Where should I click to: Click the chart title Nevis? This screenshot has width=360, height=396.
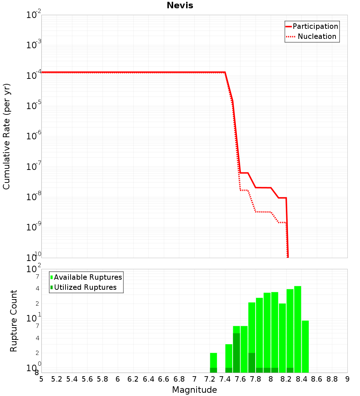(x=180, y=6)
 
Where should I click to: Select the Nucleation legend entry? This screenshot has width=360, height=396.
(x=317, y=36)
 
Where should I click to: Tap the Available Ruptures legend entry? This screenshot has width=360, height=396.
(x=88, y=277)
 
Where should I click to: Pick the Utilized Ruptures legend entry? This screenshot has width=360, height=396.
(x=85, y=287)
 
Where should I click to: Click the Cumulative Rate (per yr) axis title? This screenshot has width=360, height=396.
(x=6, y=136)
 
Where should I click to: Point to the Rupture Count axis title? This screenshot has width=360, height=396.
(x=14, y=321)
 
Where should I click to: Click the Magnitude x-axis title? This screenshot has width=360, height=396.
(x=194, y=390)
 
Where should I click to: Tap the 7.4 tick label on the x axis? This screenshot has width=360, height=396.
(x=225, y=379)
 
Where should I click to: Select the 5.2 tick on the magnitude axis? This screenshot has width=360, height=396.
(x=57, y=379)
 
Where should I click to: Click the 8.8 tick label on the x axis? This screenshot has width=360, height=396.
(x=332, y=379)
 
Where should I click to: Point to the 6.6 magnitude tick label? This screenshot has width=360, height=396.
(x=164, y=379)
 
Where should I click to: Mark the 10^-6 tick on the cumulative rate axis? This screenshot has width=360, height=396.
(x=34, y=136)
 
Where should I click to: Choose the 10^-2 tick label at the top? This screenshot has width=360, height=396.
(x=34, y=15)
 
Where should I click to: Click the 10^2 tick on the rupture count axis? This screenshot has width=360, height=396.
(x=34, y=269)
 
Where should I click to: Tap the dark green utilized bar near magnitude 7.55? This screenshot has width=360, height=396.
(x=237, y=353)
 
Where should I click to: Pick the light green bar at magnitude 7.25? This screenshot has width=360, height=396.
(x=213, y=360)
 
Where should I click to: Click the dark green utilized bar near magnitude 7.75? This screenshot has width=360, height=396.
(x=252, y=363)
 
